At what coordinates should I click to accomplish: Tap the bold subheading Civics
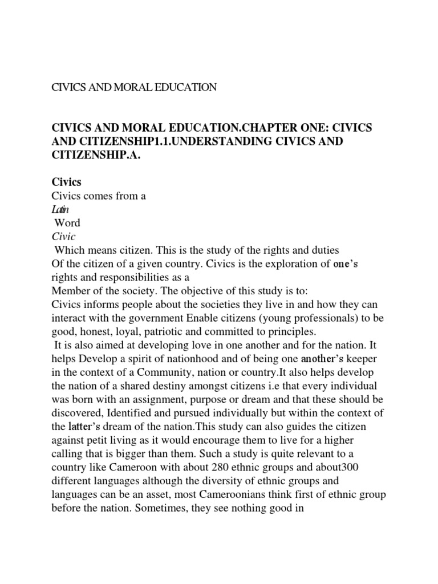click(66, 182)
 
